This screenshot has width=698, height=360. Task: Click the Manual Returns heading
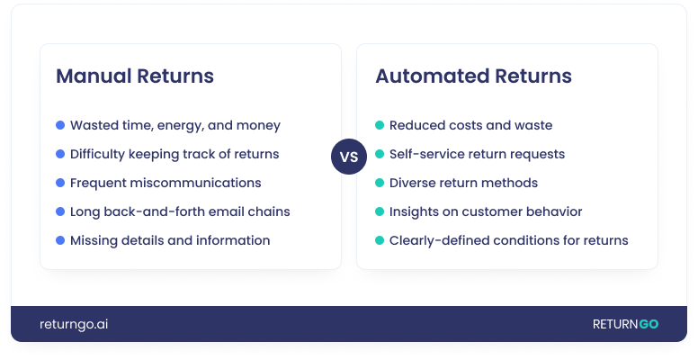(135, 76)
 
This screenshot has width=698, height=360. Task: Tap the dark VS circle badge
(349, 157)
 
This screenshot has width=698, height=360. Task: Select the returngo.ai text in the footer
(74, 324)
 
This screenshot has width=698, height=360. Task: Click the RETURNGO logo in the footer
(625, 324)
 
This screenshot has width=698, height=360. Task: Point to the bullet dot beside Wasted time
(60, 125)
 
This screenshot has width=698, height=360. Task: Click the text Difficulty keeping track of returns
(174, 154)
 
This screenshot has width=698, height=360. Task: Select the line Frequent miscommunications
(166, 183)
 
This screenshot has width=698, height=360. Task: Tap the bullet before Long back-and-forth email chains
(60, 211)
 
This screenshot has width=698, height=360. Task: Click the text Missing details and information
(170, 240)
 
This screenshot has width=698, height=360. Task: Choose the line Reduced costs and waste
(470, 125)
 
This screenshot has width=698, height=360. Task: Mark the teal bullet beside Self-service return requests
(380, 154)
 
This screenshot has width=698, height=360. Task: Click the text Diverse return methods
(463, 183)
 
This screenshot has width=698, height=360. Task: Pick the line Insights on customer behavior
(486, 211)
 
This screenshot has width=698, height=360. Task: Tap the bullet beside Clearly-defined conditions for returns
(380, 240)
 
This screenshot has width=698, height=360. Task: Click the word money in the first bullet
(261, 125)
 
